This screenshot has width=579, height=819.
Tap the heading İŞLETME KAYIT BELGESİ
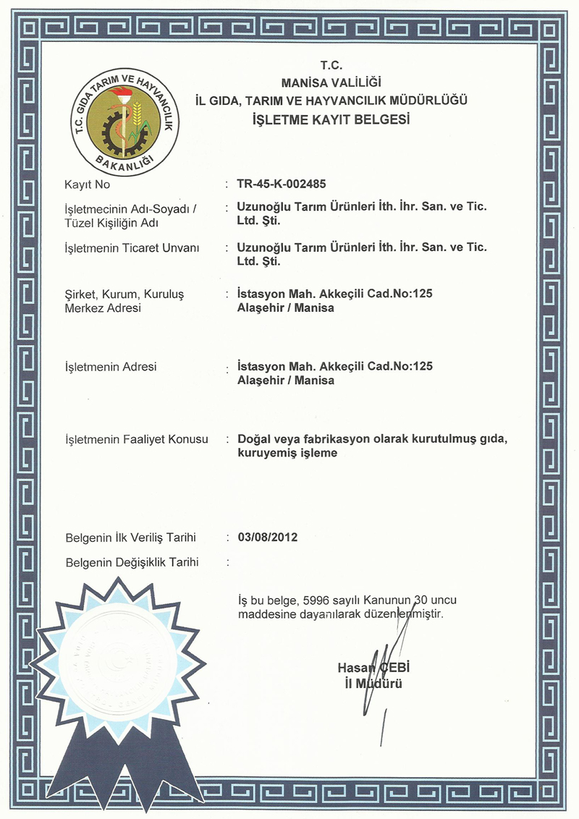point(331,119)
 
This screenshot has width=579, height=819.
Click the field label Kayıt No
point(86,185)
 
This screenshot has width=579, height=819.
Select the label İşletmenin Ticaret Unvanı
point(132,248)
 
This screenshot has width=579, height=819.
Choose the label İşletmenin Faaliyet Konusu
point(136,439)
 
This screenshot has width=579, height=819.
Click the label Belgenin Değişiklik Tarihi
point(132,562)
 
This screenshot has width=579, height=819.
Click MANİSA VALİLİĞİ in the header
point(331,82)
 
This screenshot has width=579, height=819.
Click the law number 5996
point(315,601)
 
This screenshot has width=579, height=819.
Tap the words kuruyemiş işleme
point(287,454)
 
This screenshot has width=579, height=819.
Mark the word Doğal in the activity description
point(253,439)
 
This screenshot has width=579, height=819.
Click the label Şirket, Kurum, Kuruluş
point(123,294)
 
